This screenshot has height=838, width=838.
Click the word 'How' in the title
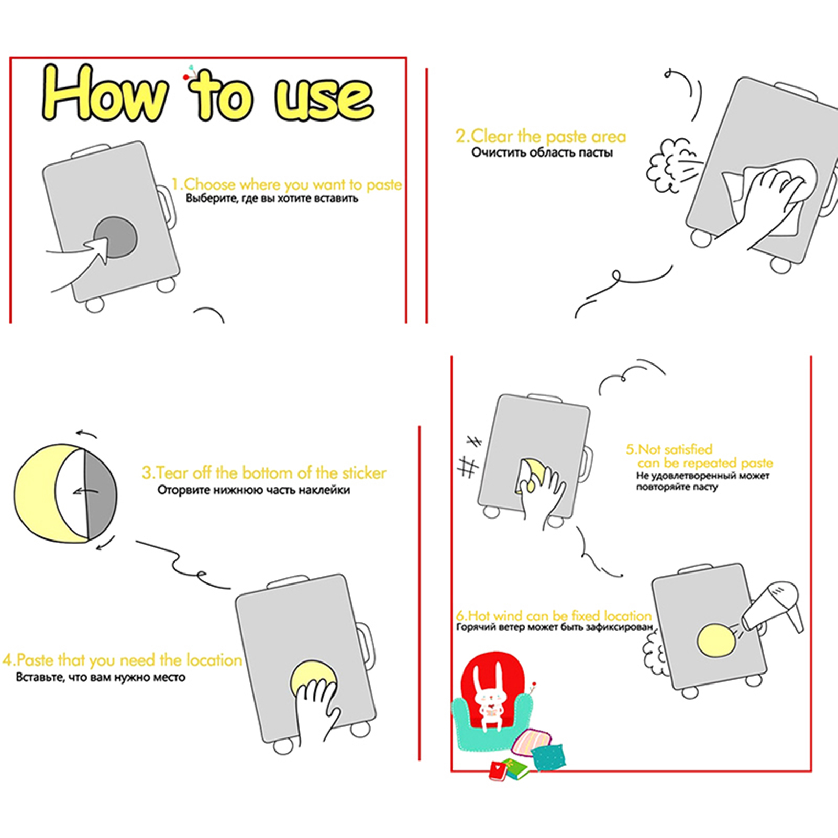click(x=105, y=93)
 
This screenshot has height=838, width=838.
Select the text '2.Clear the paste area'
click(x=541, y=137)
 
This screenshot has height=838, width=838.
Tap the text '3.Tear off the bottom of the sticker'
click(x=264, y=473)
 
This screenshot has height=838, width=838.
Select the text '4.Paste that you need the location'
click(x=123, y=660)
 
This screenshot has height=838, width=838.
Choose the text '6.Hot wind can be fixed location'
click(x=554, y=615)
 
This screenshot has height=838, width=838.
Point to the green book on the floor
click(x=514, y=768)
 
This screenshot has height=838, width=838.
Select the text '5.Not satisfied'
click(x=669, y=449)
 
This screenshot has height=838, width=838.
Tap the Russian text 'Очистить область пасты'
click(x=542, y=152)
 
